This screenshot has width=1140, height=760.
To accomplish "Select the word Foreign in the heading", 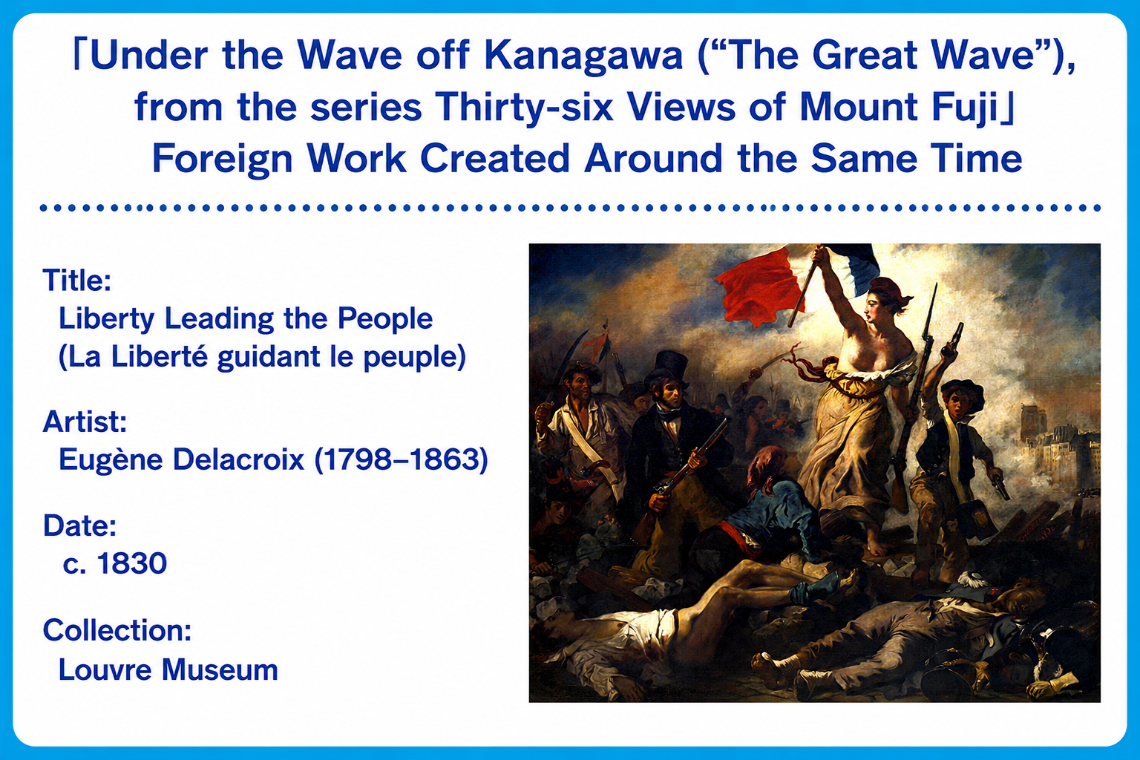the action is coord(223,159).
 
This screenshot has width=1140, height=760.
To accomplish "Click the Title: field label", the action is coord(77,280).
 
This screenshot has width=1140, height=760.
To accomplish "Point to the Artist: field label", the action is coord(85,422).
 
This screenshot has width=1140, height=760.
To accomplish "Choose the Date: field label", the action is coord(80,525).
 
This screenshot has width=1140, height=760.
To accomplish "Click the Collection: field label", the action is coord(117,630).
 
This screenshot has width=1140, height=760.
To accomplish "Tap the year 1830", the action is coord(132,563).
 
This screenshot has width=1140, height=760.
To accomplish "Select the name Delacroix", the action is coord(239,459).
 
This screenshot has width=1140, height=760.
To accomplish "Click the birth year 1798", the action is coord(360,459).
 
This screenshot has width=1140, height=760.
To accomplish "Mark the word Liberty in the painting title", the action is coord(106,319).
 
